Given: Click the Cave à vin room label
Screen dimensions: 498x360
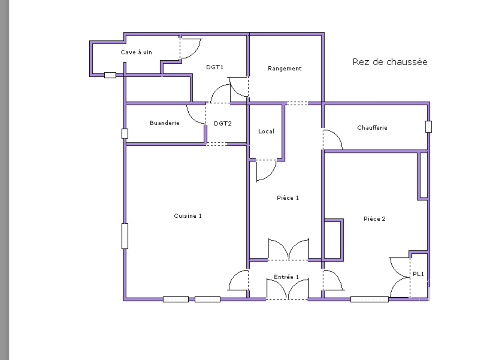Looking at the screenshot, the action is pos(136,52).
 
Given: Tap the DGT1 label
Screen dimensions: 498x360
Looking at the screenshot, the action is pos(215,67).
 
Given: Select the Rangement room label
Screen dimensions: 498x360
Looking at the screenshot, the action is pos(284,69).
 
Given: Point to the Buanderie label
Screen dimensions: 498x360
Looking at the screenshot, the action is pos(165,123).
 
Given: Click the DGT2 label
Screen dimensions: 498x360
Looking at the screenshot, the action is pos(223,124).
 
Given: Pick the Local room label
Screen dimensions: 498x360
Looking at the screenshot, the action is pos(266,131).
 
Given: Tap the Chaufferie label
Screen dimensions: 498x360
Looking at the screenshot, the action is pos(372,128).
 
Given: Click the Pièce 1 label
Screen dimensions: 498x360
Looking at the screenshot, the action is pos(288,198).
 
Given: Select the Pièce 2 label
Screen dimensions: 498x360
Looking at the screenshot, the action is pos(375,219).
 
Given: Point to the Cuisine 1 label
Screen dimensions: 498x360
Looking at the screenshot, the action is pos(188,216).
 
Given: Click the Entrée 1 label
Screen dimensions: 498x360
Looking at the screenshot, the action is pos(286,277).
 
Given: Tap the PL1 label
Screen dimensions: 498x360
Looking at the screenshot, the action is pos(418,274).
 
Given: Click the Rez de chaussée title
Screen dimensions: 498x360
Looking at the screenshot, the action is pos(390,62).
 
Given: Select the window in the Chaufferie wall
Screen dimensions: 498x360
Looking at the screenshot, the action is pos(429,127).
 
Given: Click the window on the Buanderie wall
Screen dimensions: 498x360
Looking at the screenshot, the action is pos(125,134).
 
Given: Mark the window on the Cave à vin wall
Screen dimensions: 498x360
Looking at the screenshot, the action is pos(110,75).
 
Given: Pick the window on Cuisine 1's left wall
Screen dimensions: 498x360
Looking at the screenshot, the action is pos(125,236).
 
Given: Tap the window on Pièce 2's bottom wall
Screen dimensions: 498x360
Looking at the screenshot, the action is pos(369,299).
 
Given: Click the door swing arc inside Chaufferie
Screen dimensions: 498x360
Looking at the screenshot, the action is pos(336,136).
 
